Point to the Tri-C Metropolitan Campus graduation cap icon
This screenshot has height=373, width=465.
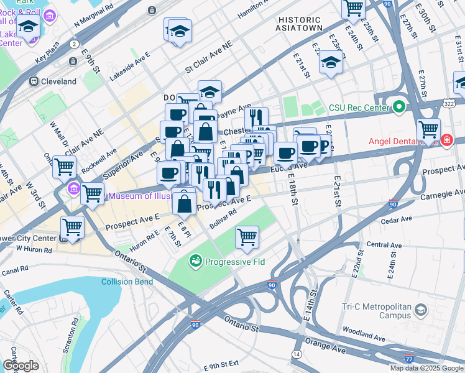click(x=421, y=310)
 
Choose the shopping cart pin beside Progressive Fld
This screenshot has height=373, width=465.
click(x=247, y=237)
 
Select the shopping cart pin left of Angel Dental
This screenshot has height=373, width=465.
click(x=429, y=129)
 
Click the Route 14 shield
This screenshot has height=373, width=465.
click(x=297, y=354)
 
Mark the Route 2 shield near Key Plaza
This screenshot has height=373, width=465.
click(x=74, y=44)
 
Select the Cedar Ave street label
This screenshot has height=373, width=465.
click(x=397, y=219)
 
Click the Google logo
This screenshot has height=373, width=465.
click(x=21, y=366)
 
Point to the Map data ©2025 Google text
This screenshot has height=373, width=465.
click(x=426, y=368)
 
